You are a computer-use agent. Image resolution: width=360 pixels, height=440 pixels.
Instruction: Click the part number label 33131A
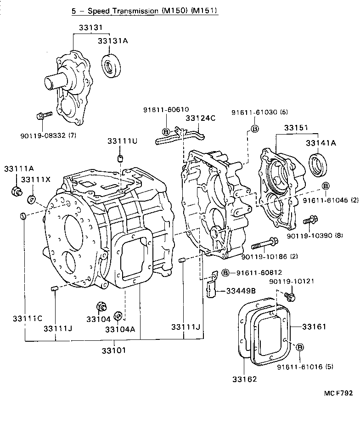coord(112,41)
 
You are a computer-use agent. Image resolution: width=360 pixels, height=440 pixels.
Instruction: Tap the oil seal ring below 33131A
coord(112,66)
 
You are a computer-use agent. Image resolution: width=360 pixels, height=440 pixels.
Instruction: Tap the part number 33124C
coord(200,118)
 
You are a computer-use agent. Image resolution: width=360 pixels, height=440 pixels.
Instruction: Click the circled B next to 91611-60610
coord(166,132)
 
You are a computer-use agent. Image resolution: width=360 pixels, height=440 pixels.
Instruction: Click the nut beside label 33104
coord(101,307)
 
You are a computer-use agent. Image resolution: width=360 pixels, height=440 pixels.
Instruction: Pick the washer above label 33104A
coord(118,316)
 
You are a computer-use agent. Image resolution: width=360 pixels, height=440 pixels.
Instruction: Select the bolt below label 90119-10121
coord(289,296)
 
